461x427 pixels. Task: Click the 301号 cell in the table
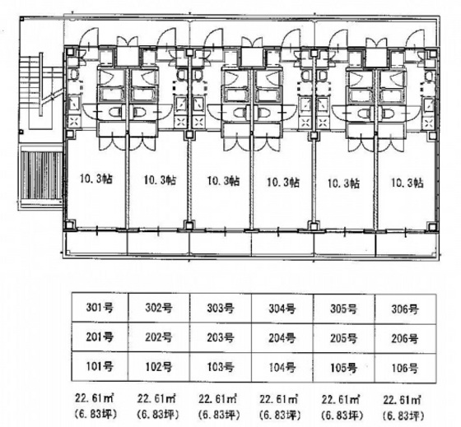point(100,308)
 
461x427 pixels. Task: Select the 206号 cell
point(405,338)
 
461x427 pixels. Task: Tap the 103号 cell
point(221,367)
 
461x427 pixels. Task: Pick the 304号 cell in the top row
point(282,309)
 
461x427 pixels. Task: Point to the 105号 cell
point(344,367)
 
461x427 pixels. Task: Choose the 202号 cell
point(159,337)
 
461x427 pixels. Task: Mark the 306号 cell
point(405,309)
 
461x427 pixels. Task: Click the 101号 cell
point(100,366)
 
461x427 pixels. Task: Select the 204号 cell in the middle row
point(282,337)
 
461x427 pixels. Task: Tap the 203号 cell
point(221,337)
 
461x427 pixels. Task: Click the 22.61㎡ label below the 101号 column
point(95,398)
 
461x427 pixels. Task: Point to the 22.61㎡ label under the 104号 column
point(278,399)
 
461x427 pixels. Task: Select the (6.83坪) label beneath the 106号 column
point(403,415)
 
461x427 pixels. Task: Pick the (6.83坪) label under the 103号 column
point(218,415)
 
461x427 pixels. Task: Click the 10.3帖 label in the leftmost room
point(96,179)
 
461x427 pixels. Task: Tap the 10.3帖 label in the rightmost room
point(407,183)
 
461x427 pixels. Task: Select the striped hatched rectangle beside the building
point(42,175)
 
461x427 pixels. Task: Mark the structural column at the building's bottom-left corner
point(69,225)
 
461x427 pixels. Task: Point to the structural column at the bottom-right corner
point(432,227)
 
